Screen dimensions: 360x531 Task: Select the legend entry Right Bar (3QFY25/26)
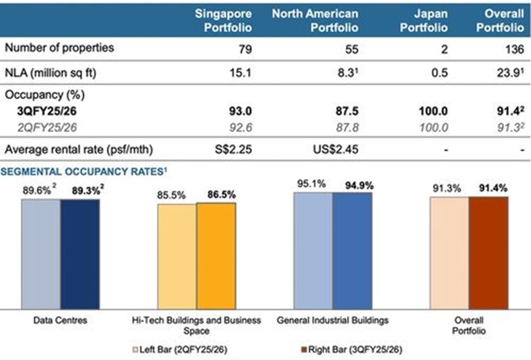[x=350, y=350]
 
